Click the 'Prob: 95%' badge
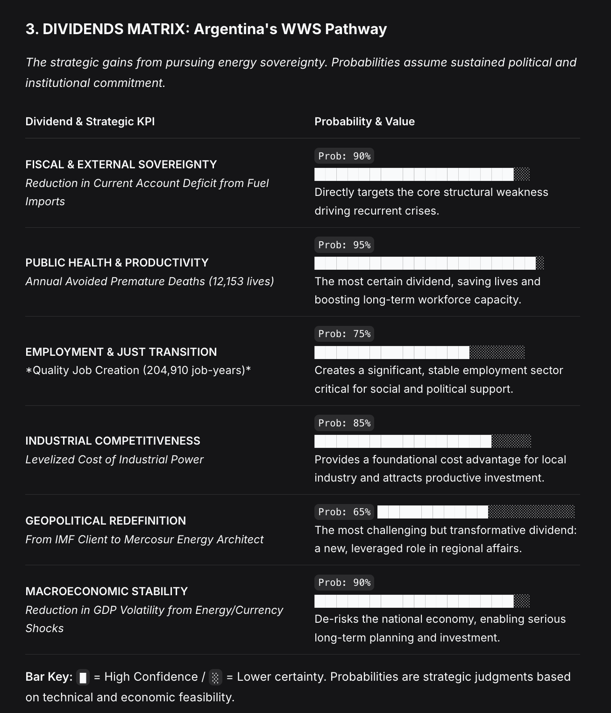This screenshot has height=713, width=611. coord(344,245)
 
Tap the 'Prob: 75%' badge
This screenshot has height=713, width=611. coord(344,334)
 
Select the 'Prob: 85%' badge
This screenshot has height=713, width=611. coord(344,423)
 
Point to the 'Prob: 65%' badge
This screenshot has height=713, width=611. coord(344,512)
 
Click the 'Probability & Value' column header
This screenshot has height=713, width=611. coord(364,122)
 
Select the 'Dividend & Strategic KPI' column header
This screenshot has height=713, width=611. coord(90,122)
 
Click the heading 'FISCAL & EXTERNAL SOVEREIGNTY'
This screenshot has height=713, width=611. coord(121,165)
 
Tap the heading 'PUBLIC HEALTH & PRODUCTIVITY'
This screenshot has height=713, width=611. coord(117,263)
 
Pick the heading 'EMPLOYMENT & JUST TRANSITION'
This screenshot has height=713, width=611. coord(121,352)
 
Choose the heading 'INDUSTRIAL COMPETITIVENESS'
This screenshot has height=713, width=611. coord(113,441)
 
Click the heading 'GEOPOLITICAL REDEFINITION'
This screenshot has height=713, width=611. coord(106,521)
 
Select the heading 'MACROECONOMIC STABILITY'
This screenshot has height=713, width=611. coord(107,591)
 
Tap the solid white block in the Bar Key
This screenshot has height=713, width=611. coord(83,677)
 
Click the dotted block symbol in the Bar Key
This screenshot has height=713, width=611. coord(215,677)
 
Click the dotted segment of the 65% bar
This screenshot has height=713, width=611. coord(531,512)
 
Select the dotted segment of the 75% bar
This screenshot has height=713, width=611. coord(497,352)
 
